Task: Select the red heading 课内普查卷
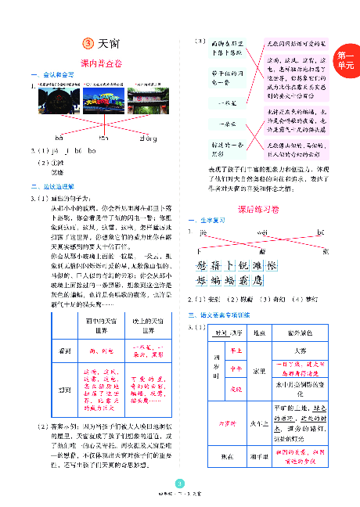click(x=102, y=62)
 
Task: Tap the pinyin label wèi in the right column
click(x=262, y=232)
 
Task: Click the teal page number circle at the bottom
click(x=180, y=483)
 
